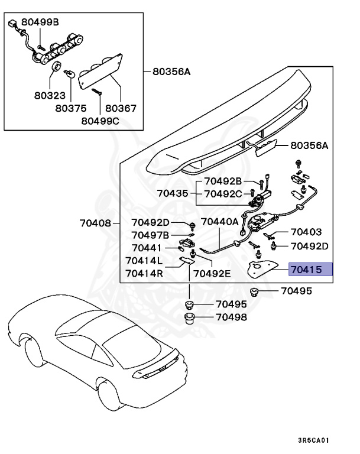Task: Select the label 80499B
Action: [x=40, y=22]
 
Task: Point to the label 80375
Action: [x=71, y=108]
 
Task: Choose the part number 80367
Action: [x=121, y=108]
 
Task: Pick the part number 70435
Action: [x=173, y=193]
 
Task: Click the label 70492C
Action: [x=223, y=193]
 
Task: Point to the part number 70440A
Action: [x=219, y=222]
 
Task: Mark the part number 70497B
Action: [x=150, y=235]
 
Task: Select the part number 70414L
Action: [x=144, y=261]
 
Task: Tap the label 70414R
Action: [x=144, y=273]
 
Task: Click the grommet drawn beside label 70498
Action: [x=190, y=320]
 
